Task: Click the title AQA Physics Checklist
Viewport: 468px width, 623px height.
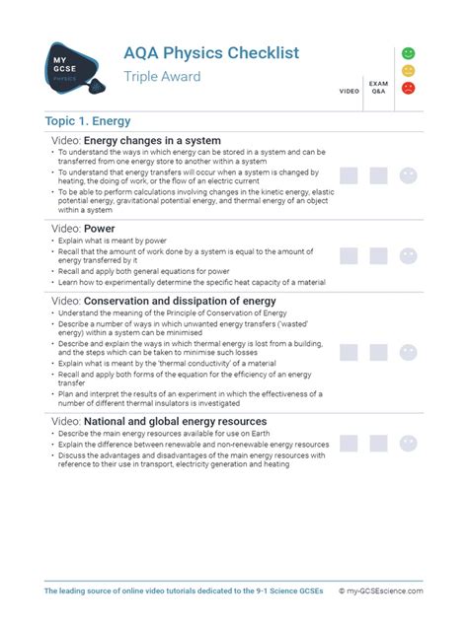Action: tap(211, 52)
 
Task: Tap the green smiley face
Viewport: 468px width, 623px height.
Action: tap(408, 52)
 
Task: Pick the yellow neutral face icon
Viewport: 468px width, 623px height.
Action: tap(408, 70)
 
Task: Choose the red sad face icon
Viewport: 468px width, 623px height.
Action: tap(408, 88)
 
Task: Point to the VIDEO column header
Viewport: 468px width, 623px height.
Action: tap(350, 91)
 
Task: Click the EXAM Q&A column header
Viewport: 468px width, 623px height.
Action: tap(378, 88)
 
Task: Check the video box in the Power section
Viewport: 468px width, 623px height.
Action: tap(349, 256)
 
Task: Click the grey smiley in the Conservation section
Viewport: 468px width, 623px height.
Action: tap(408, 352)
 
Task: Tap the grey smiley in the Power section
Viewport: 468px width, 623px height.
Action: tap(408, 256)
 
